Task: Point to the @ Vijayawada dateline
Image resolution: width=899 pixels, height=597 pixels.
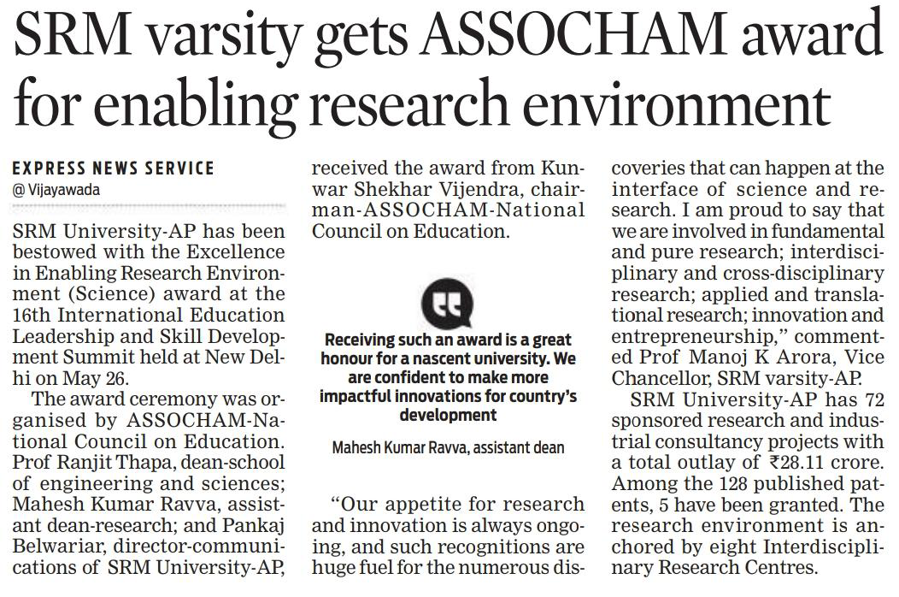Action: pos(56,190)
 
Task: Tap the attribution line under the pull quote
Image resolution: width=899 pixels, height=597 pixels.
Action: pos(448,446)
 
